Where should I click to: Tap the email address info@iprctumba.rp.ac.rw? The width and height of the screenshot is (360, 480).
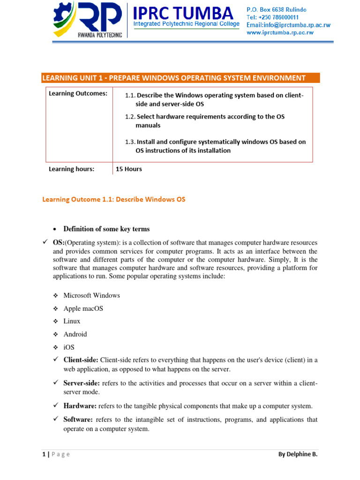click(x=280, y=25)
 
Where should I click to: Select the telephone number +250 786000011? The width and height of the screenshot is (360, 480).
click(x=273, y=17)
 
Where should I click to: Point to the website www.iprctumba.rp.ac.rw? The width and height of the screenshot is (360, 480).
click(x=280, y=32)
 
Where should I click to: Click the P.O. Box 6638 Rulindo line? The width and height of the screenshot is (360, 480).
click(x=277, y=10)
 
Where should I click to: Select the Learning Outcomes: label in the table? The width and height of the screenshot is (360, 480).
click(x=78, y=93)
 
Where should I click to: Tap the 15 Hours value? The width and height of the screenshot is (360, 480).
click(x=129, y=169)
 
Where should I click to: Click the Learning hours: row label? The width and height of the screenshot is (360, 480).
click(x=71, y=169)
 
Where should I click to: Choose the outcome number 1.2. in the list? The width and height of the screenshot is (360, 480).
click(x=130, y=116)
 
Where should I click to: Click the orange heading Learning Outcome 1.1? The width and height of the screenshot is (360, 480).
click(x=114, y=199)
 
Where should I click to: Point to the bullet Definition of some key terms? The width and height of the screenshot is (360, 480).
click(x=106, y=229)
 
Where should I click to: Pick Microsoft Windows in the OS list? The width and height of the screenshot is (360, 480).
click(x=91, y=295)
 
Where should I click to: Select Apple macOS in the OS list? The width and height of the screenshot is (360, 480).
click(x=83, y=308)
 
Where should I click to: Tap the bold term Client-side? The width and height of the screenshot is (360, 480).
click(x=81, y=360)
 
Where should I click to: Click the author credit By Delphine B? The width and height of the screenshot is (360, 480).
click(x=297, y=454)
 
